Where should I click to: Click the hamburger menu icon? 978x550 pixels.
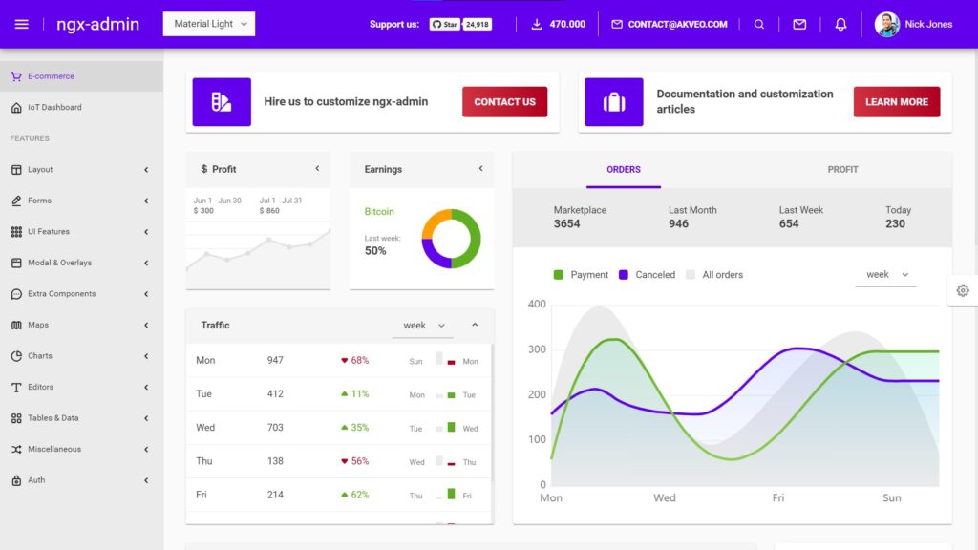[22, 24]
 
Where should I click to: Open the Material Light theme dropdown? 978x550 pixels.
[209, 24]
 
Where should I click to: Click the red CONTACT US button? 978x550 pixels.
[504, 102]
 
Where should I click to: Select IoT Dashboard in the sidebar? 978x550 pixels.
[54, 108]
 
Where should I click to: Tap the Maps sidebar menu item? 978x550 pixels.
[38, 325]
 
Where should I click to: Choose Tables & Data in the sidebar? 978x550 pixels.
[53, 418]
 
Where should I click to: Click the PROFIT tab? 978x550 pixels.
[842, 170]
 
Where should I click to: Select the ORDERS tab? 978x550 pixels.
[624, 170]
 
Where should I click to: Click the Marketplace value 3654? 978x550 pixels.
[566, 224]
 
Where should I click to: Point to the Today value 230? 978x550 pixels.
[895, 224]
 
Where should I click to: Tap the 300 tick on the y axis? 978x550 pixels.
[537, 349]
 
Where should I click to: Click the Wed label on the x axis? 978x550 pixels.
[665, 497]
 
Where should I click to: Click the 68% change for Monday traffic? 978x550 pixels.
[359, 361]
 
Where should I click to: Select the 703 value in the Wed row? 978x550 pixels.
[275, 428]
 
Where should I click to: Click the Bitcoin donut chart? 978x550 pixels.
[451, 239]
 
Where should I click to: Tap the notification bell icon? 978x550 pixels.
[840, 25]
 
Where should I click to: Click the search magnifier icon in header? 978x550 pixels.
[759, 25]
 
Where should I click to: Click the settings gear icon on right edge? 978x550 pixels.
[962, 290]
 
